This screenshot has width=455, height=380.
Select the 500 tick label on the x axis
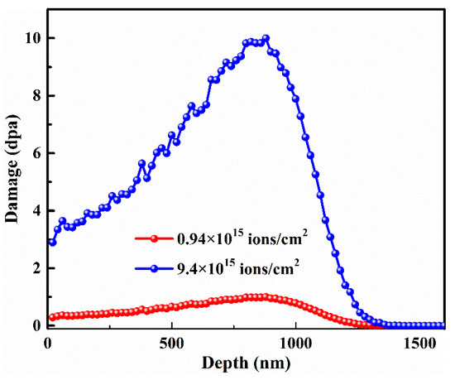pos(172,342)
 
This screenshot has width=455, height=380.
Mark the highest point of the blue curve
pos(266,38)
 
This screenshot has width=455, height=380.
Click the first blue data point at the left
pos(52,243)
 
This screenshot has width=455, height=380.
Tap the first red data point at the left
pos(52,317)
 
